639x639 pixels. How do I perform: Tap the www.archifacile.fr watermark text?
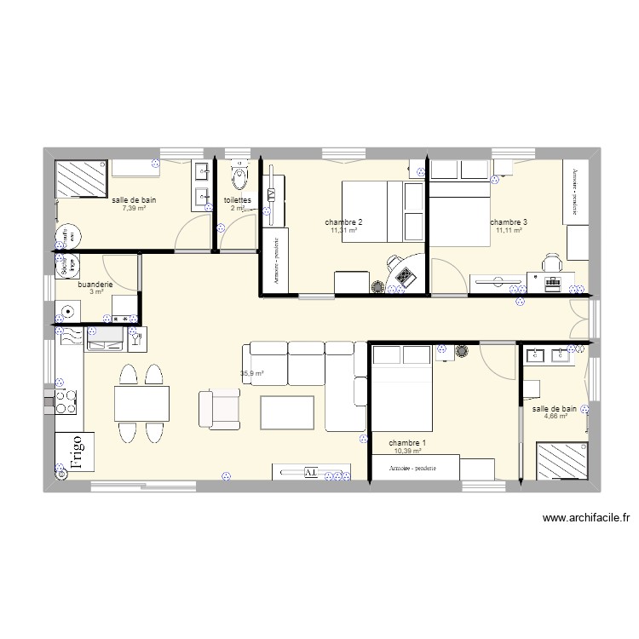point(584,517)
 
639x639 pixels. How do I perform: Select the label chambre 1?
point(407,443)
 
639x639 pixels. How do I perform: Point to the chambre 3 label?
point(509,222)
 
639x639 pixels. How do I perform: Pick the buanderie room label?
point(95,284)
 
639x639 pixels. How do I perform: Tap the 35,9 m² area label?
point(252,373)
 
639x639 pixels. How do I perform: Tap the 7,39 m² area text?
point(134,208)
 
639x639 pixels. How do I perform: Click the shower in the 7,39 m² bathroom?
point(81,178)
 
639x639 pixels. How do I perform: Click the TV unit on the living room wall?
point(311,472)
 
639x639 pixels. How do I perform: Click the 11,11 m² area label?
point(508,230)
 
